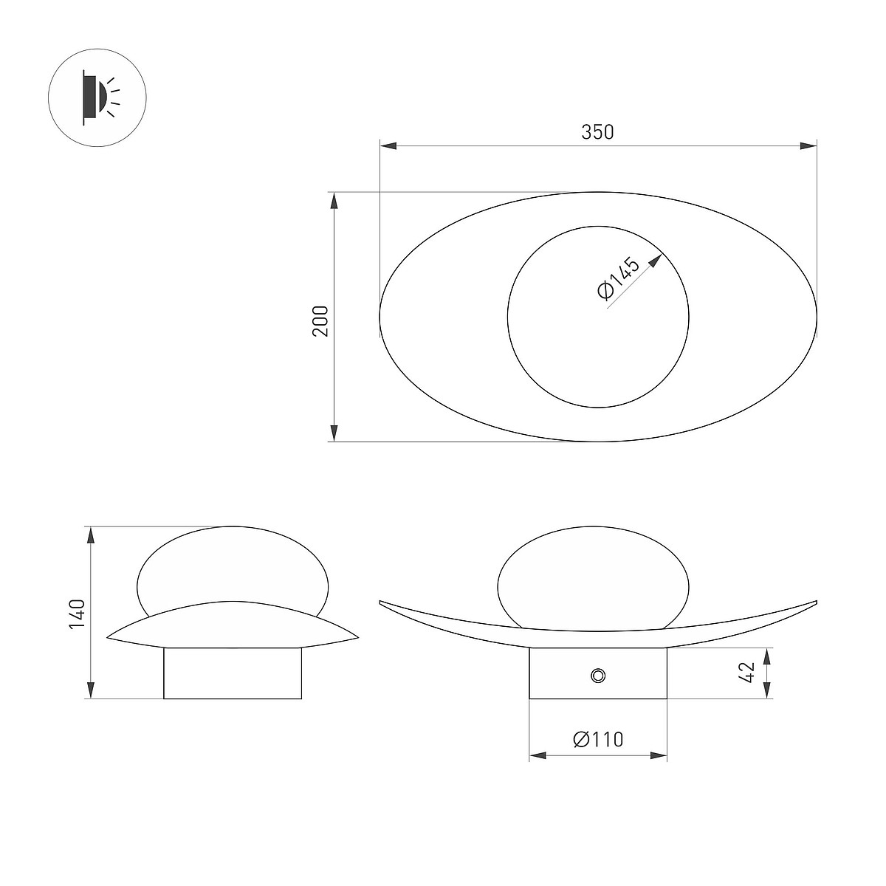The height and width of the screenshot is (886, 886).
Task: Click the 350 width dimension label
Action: coord(597,132)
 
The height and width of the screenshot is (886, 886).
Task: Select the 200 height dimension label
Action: coord(321,321)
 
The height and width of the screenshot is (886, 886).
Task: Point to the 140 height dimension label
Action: coord(78,614)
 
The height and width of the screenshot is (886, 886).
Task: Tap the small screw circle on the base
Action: coord(598,676)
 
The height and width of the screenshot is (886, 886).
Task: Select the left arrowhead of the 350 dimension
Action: coord(388,145)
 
